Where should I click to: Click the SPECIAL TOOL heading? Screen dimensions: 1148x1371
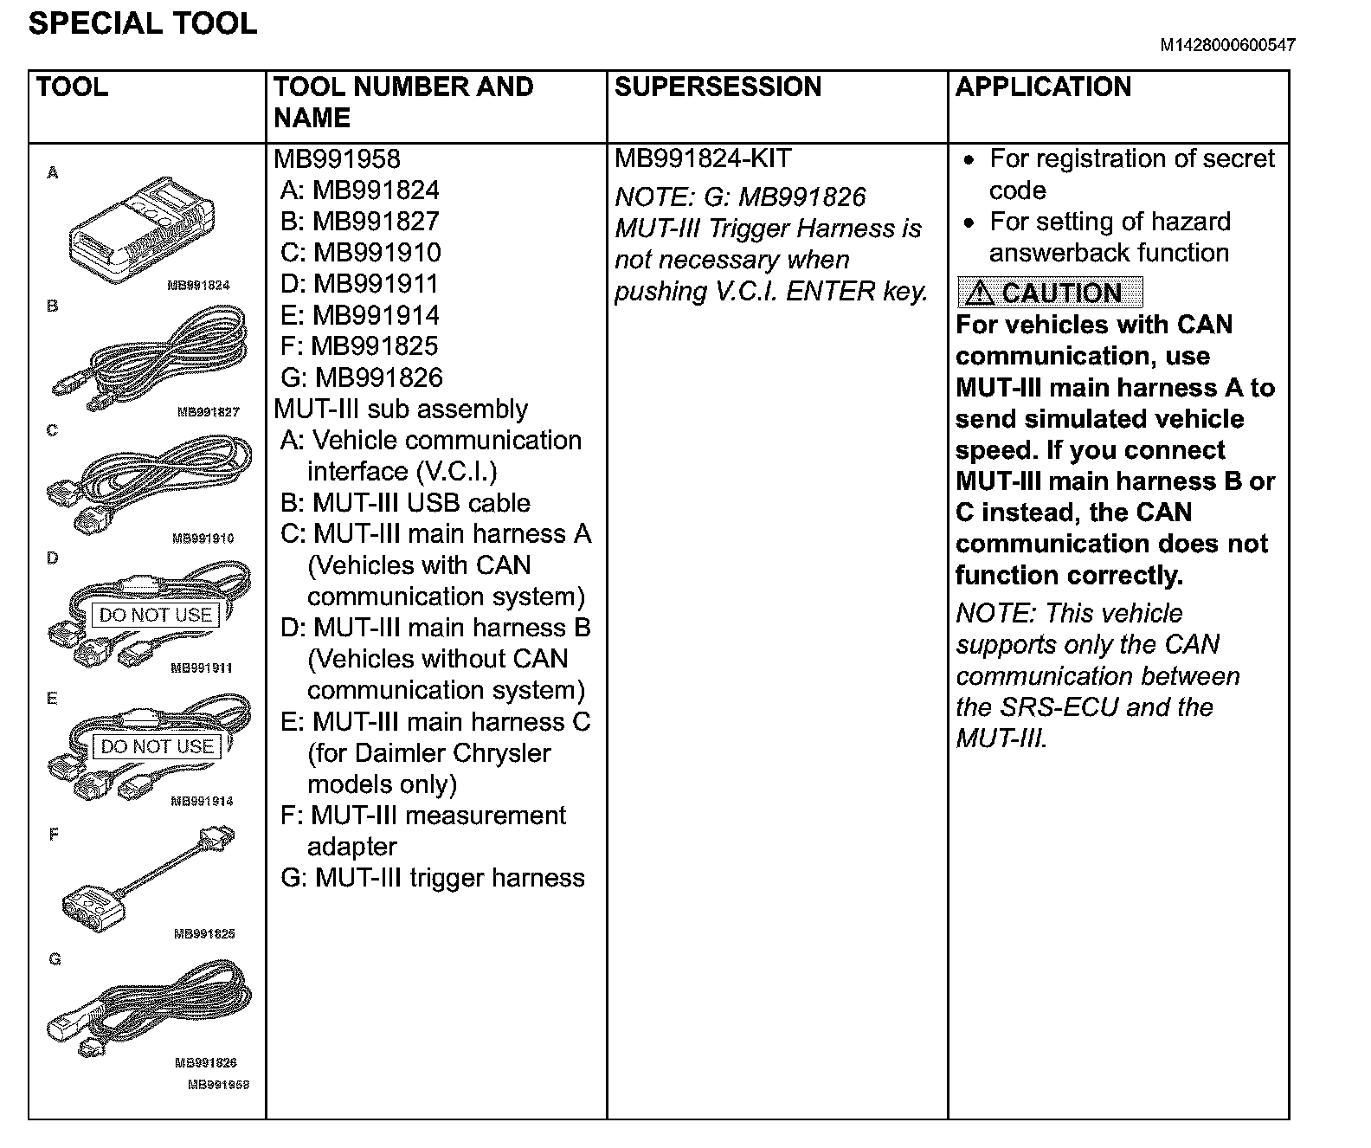[143, 23]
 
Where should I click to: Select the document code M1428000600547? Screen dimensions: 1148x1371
[1227, 46]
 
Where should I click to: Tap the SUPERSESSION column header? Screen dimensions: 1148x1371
[718, 87]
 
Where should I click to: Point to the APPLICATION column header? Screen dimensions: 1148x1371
[1043, 87]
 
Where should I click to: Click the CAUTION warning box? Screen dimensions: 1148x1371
[1050, 293]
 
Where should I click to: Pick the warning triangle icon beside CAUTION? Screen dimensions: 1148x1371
[979, 293]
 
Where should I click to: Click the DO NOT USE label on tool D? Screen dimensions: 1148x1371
[156, 615]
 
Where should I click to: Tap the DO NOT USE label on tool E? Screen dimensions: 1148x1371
[157, 746]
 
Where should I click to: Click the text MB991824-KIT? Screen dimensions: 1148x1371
[703, 159]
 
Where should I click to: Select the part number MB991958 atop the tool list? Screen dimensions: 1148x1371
[337, 159]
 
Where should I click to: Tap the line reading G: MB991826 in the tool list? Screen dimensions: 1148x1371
[362, 377]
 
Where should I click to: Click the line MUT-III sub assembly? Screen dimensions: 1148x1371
[401, 409]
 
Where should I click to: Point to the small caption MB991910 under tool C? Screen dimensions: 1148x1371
[203, 539]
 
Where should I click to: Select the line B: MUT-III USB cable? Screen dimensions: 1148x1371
[405, 503]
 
